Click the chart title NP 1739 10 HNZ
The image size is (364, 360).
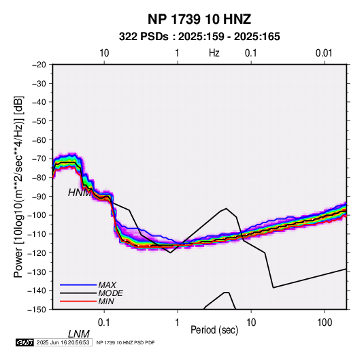click(199, 19)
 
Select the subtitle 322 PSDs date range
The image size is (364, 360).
click(199, 37)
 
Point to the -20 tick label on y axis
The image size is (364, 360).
click(39, 65)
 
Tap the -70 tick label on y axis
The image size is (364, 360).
click(39, 159)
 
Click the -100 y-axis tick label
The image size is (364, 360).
click(37, 215)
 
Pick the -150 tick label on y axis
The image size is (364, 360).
click(37, 310)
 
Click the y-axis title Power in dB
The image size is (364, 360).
click(18, 186)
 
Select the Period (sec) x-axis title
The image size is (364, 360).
click(214, 330)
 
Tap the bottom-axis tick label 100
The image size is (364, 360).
click(325, 323)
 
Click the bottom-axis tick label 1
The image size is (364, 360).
click(178, 323)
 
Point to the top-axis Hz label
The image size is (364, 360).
click(214, 53)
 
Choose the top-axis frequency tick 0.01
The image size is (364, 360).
click(324, 53)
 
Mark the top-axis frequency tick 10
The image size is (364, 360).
click(104, 53)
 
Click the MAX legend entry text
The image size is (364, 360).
click(107, 285)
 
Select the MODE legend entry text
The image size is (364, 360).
click(110, 293)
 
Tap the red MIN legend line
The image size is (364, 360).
click(78, 301)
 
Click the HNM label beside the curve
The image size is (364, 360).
click(79, 193)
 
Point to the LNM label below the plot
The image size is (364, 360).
click(79, 334)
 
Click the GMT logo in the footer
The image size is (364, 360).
click(24, 342)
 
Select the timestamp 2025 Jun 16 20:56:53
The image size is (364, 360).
click(63, 342)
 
